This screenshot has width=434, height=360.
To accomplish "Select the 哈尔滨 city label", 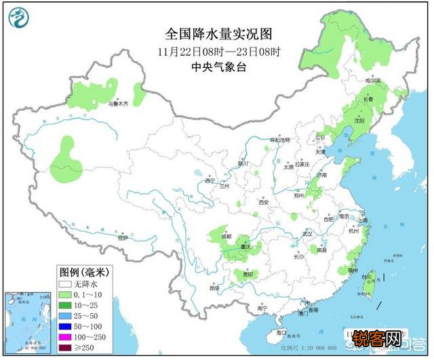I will pyautogui.click(x=374, y=81).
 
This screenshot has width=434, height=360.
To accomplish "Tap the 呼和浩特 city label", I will pyautogui.click(x=280, y=140).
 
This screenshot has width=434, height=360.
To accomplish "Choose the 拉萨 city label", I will pyautogui.click(x=122, y=238).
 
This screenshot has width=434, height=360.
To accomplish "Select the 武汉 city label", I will pyautogui.click(x=307, y=233).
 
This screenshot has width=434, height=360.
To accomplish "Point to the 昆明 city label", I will pyautogui.click(x=214, y=288).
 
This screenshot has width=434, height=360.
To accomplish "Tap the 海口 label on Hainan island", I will pyautogui.click(x=281, y=333).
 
